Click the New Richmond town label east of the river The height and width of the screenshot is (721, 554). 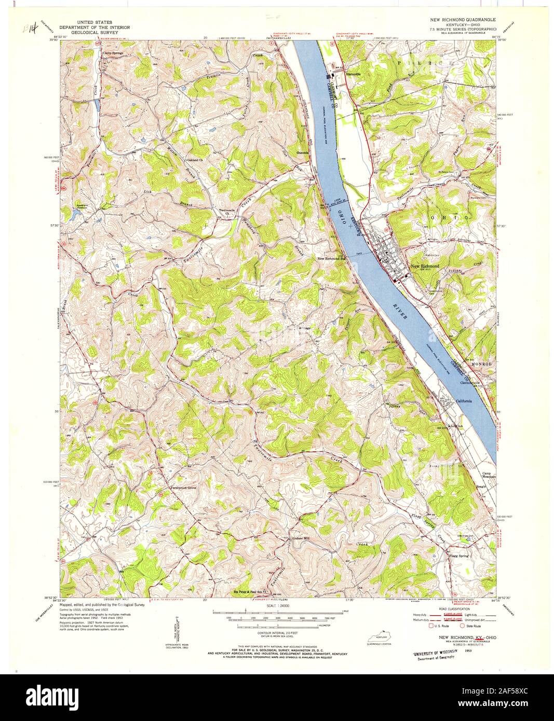(425, 266)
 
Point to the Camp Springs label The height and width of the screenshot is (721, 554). (114, 52)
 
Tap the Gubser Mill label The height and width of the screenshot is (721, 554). (300, 538)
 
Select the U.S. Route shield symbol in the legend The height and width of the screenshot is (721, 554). (431, 626)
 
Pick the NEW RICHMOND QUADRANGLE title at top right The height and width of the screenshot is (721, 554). (462, 19)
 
